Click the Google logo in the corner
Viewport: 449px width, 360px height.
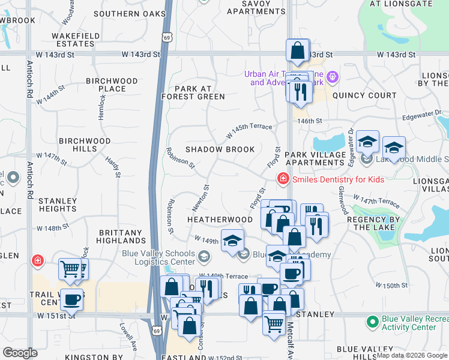(x=20, y=353)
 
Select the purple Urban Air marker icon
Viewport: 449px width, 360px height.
(x=333, y=77)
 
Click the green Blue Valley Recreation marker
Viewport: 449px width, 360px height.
(x=373, y=323)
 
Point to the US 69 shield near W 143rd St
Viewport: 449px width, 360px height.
(x=165, y=37)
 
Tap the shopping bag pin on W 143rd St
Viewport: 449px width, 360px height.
(x=297, y=52)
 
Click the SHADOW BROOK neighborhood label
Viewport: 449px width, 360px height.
(x=220, y=149)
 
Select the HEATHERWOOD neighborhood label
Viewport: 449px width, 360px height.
(x=219, y=220)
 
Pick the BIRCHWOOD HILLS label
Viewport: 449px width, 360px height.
(x=85, y=145)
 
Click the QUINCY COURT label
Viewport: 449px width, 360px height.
(x=364, y=95)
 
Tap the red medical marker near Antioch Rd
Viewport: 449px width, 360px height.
(x=38, y=260)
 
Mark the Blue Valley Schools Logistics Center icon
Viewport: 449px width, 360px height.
(x=205, y=257)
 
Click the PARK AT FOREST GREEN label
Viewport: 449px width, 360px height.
(x=191, y=92)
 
